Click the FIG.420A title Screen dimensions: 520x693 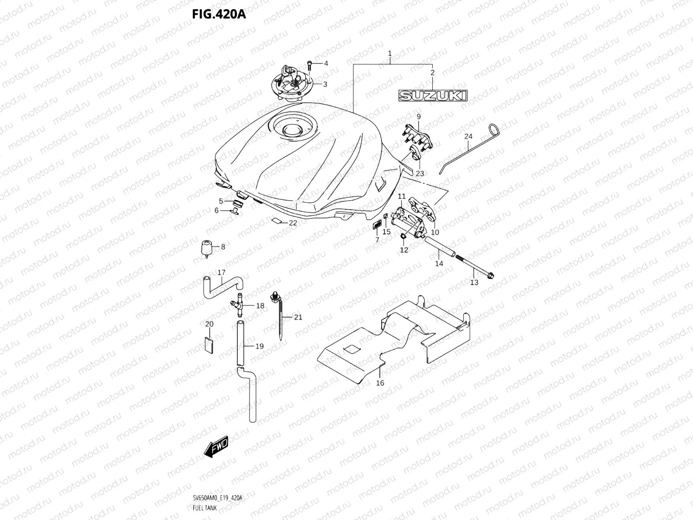coord(219,15)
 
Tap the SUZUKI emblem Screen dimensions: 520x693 coord(433,95)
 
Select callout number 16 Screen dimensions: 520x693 coord(380,383)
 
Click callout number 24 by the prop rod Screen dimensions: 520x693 coord(468,136)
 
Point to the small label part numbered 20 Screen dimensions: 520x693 coord(209,345)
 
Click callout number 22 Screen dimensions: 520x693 coord(293,223)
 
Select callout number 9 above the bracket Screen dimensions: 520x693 coord(418,117)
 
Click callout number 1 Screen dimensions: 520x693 coord(389,54)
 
